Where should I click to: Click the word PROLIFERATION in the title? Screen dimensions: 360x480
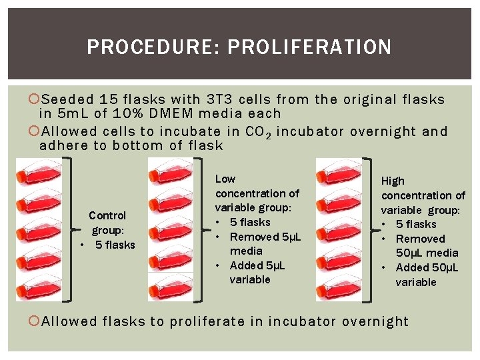pyautogui.click(x=309, y=47)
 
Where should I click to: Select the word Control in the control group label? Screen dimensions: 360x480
pyautogui.click(x=107, y=215)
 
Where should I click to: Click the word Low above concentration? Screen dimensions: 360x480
pyautogui.click(x=225, y=179)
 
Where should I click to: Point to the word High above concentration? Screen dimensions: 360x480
pyautogui.click(x=393, y=181)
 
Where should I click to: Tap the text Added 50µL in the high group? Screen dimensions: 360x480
pyautogui.click(x=427, y=267)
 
